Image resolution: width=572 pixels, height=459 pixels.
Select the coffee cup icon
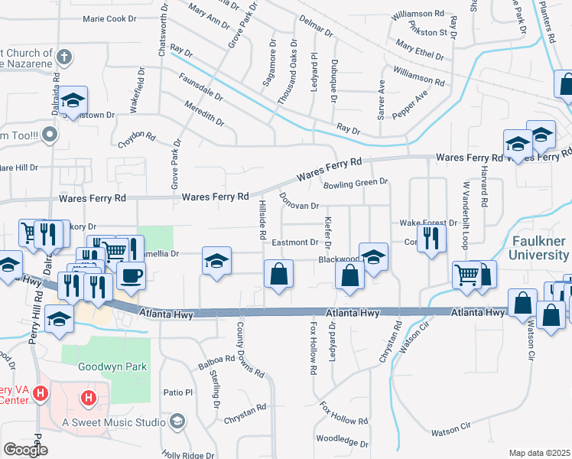tap(132, 276)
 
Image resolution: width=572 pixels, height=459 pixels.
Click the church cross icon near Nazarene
tap(65, 57)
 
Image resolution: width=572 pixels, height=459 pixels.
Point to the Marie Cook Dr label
tap(109, 18)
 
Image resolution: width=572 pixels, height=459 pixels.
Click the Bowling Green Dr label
tap(356, 184)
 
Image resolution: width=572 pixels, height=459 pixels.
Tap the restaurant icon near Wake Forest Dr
tap(432, 238)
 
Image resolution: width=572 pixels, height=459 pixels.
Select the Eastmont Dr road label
tap(294, 243)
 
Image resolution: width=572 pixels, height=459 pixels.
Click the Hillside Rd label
tap(262, 215)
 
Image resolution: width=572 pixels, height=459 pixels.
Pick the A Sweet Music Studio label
tap(114, 422)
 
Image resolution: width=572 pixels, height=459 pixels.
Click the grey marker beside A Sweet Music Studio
tap(177, 422)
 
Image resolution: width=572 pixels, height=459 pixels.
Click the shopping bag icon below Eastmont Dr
tap(278, 274)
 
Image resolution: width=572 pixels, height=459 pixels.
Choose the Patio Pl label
tap(178, 392)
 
